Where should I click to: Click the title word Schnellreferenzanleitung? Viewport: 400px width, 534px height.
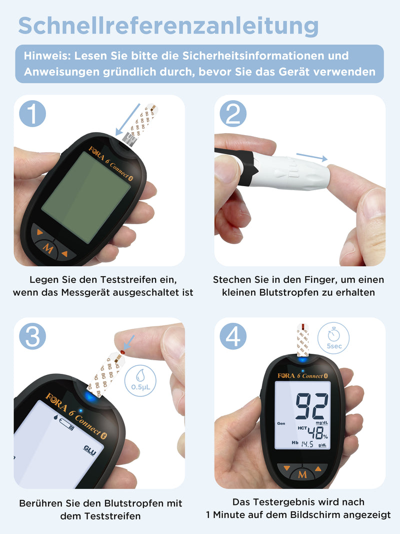coord(168,26)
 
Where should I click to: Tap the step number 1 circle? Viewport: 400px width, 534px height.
coord(32,114)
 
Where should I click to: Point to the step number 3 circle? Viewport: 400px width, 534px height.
coord(32,336)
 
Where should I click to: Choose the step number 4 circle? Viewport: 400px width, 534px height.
coord(233,336)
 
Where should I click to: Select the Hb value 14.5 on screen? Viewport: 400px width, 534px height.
coord(307,444)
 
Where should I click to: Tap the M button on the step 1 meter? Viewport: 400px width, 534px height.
coord(48,247)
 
